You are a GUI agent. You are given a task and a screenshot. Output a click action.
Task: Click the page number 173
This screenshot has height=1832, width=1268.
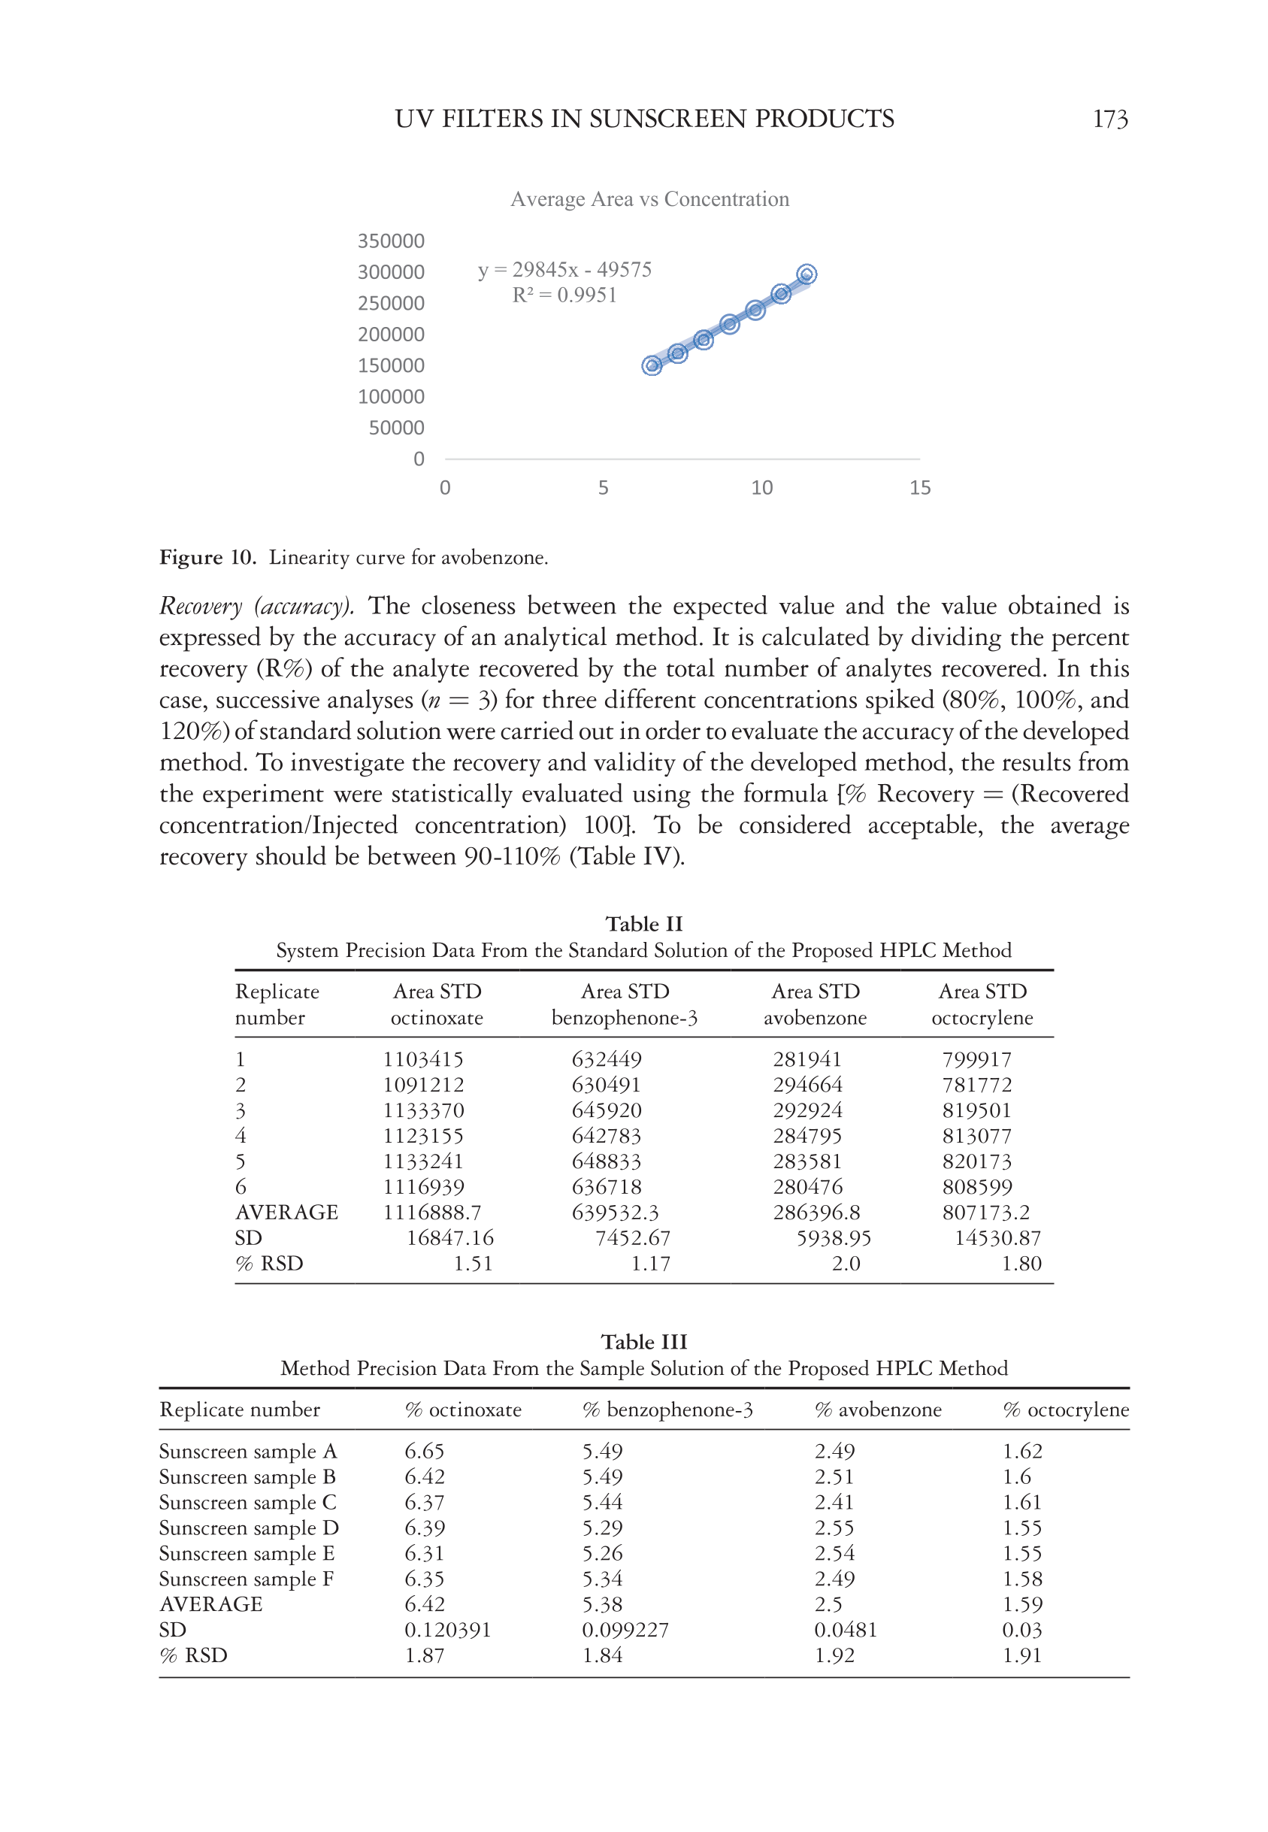[1109, 120]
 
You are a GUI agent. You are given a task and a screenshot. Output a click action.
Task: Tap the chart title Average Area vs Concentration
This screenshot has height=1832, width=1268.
[649, 198]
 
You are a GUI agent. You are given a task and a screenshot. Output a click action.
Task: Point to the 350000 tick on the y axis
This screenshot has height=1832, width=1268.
[391, 241]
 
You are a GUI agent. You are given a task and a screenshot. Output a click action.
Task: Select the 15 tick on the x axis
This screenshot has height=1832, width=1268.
[919, 488]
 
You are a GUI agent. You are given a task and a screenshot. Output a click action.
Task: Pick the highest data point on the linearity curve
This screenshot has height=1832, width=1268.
[806, 274]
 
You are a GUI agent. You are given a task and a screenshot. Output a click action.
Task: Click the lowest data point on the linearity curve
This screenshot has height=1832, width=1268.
[652, 365]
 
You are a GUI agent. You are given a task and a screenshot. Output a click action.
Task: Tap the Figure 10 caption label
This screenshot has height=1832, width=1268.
[207, 558]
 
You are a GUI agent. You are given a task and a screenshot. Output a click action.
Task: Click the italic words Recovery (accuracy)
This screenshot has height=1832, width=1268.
[256, 606]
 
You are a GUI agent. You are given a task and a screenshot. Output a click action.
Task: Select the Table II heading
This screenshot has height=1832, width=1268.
[643, 924]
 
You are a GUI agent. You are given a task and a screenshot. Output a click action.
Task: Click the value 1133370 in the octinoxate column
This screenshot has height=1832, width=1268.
[422, 1110]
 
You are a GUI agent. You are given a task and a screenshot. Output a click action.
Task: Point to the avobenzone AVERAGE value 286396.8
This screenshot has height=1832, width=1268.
[816, 1213]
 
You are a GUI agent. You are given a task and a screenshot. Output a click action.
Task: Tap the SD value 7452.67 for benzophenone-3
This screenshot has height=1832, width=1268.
[632, 1238]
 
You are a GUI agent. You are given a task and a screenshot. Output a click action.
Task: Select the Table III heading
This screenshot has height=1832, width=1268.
[643, 1342]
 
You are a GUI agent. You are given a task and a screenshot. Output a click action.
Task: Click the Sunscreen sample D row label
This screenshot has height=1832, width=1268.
[249, 1528]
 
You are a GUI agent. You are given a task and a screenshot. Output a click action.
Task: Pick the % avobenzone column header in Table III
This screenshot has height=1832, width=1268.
[878, 1410]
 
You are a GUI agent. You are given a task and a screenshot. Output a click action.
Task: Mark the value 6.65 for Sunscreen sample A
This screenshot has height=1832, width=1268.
[424, 1452]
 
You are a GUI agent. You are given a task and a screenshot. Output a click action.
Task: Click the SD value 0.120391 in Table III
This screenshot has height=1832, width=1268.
[447, 1631]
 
